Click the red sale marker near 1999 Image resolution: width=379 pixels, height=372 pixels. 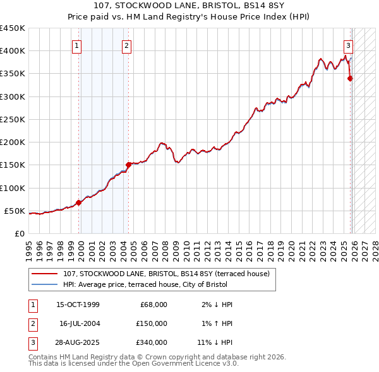click(79, 202)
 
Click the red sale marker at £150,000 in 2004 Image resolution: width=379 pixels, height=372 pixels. click(128, 165)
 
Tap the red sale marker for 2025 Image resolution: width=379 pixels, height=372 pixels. click(350, 78)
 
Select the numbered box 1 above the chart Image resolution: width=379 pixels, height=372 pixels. click(76, 45)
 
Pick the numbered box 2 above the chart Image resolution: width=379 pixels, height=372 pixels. click(126, 45)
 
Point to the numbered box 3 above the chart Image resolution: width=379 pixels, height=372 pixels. click(347, 45)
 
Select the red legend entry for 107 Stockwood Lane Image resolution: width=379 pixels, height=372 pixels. click(166, 274)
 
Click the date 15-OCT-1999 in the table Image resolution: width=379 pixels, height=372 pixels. click(78, 305)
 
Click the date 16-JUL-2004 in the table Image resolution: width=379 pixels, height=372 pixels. click(80, 323)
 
